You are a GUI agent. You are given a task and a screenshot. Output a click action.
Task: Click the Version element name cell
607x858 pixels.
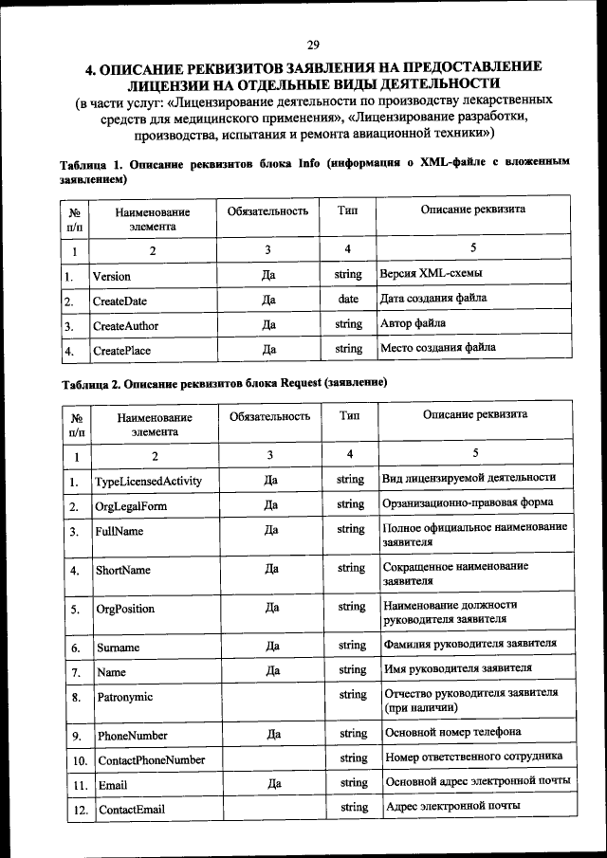point(112,276)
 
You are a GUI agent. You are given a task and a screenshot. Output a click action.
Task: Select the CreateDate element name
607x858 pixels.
point(120,301)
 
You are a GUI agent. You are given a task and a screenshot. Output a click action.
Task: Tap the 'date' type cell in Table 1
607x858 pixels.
point(348,299)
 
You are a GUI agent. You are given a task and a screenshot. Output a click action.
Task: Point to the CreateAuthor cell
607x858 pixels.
point(125,326)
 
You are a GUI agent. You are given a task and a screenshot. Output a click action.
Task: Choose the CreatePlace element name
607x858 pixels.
point(121,351)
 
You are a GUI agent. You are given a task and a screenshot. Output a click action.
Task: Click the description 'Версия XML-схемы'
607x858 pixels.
point(430,274)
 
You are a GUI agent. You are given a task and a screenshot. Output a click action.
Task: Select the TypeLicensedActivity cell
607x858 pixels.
point(148,482)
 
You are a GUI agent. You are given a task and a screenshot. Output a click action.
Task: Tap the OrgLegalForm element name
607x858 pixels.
point(131,506)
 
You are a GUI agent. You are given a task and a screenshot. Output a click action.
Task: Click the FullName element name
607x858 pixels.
point(120,532)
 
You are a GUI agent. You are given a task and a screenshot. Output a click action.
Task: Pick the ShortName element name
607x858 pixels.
point(123,571)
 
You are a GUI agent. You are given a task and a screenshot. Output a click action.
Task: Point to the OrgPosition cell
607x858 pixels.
point(125,609)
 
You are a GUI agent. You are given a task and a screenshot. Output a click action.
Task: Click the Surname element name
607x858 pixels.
point(119,648)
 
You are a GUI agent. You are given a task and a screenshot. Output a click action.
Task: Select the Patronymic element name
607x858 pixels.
point(124,697)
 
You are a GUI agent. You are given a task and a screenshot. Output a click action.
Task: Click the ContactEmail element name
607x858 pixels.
point(132,810)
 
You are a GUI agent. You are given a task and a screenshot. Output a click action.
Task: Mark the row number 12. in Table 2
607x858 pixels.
point(81,810)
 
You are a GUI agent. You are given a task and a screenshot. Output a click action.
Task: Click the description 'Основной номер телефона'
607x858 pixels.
point(451,733)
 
